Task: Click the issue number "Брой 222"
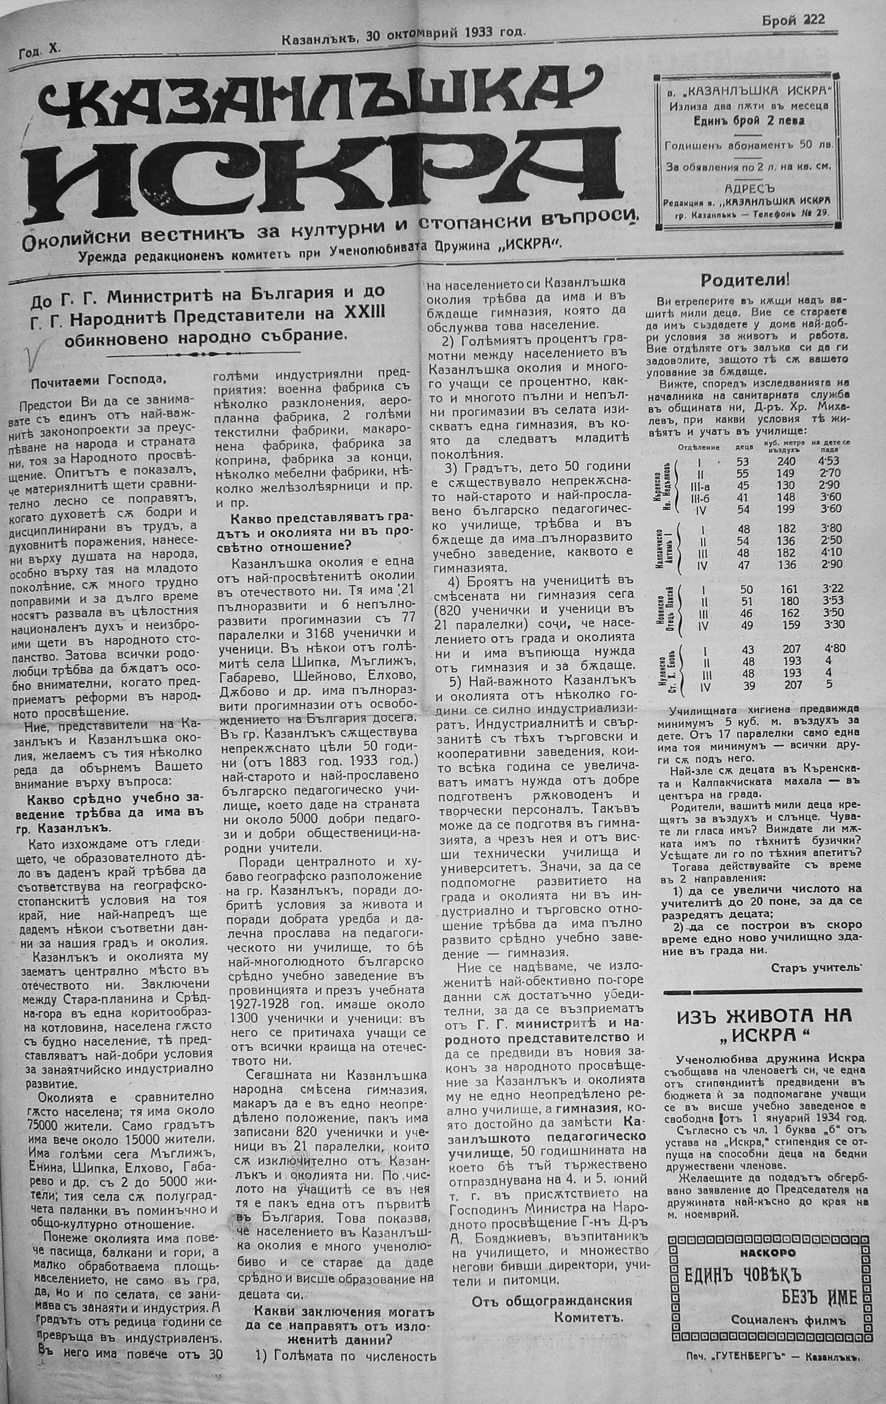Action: (x=793, y=20)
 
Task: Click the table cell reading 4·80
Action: (x=833, y=649)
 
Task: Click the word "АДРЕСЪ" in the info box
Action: (x=749, y=188)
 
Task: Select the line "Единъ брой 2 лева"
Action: (x=748, y=121)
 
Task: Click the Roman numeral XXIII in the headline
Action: (x=365, y=313)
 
